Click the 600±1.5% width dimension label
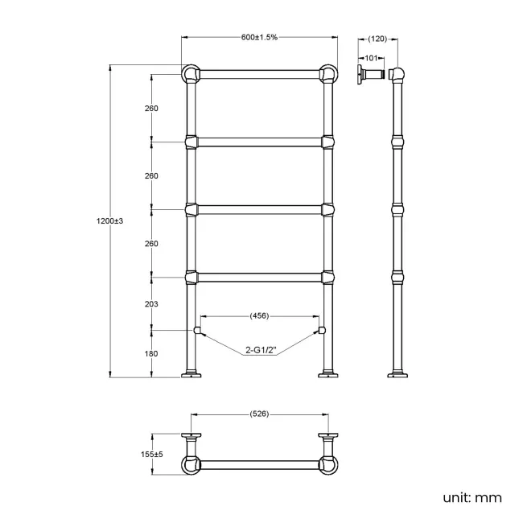tap(258, 38)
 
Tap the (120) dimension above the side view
tap(378, 38)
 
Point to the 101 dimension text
tap(371, 57)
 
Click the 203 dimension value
tap(151, 304)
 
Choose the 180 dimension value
tap(151, 354)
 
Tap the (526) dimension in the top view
tap(258, 414)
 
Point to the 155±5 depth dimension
tap(151, 454)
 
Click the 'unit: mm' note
tap(472, 497)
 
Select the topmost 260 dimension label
tap(151, 108)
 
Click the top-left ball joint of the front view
tap(191, 74)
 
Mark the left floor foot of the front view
tap(191, 374)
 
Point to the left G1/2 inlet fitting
tap(196, 330)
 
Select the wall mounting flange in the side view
tap(360, 75)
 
